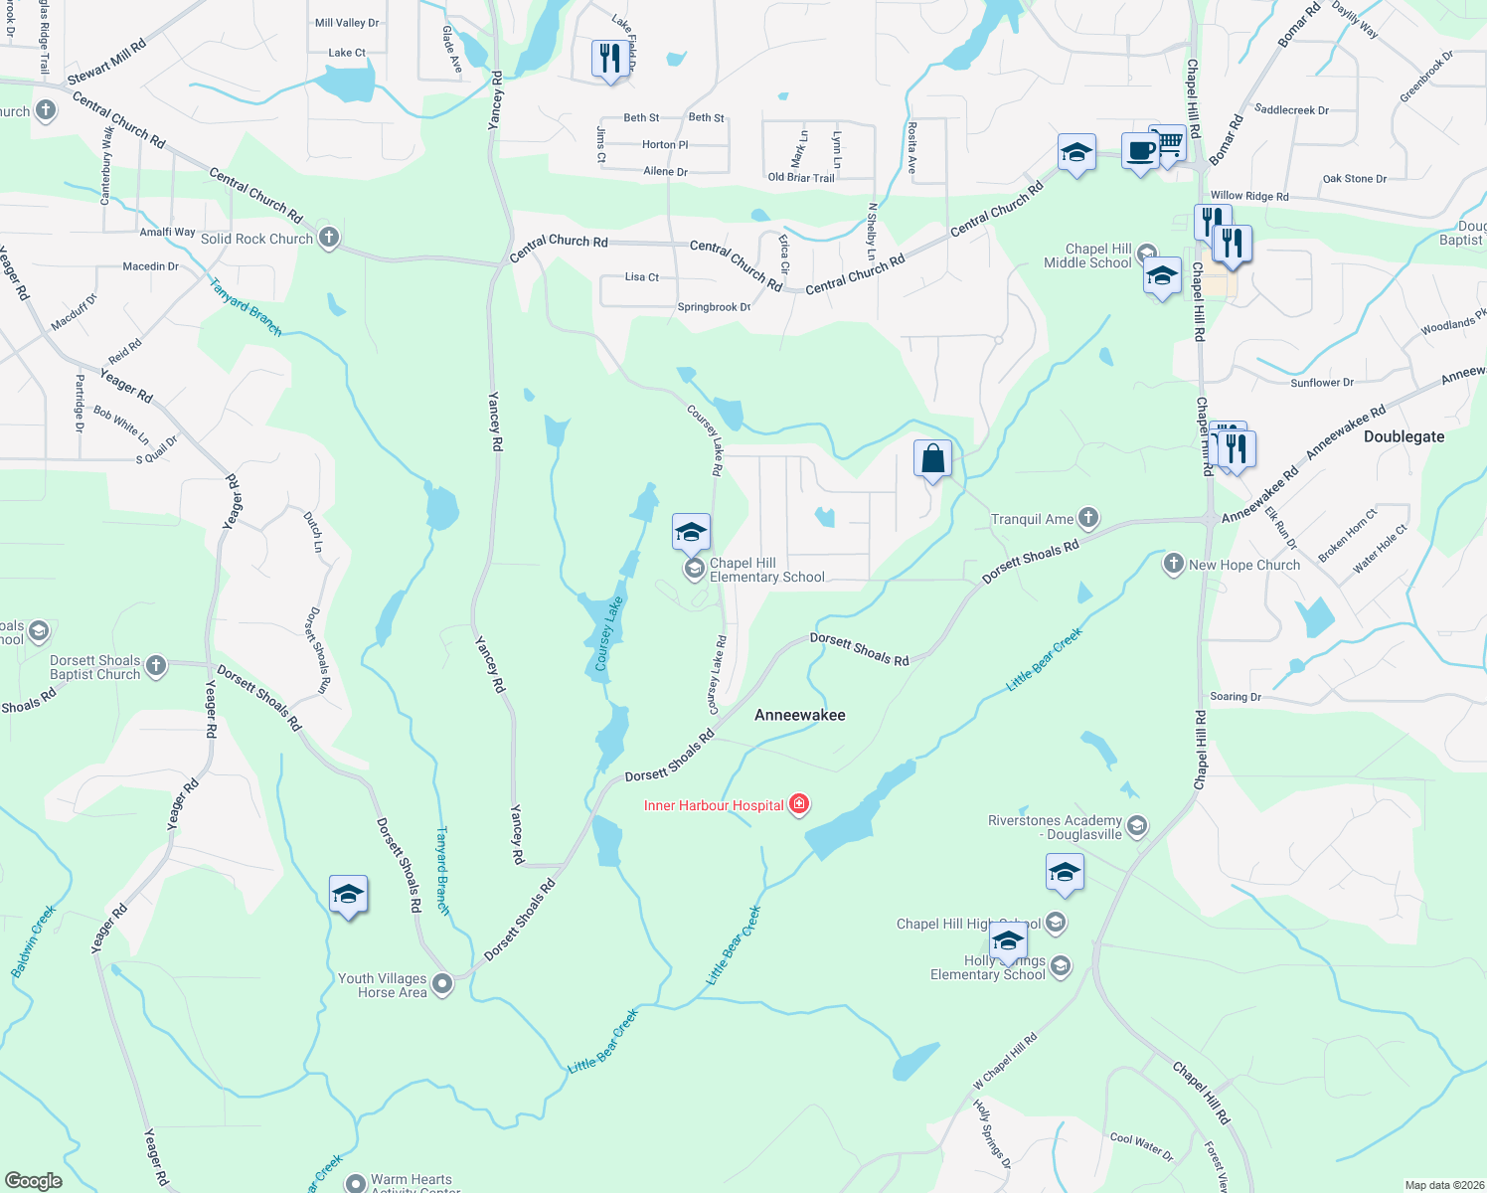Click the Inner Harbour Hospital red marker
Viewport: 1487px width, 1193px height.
798,804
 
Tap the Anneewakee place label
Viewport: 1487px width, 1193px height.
799,715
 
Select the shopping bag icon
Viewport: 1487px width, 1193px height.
932,460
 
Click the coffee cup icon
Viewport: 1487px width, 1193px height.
1140,152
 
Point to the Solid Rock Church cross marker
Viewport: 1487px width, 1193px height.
329,238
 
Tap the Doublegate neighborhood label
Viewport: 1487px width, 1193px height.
1404,436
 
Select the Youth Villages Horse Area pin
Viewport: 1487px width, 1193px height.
442,984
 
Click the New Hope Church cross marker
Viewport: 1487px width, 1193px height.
1174,564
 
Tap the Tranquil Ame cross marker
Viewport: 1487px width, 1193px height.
1088,517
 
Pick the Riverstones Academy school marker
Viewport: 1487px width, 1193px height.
1137,825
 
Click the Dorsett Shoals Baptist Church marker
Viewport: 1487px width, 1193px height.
156,666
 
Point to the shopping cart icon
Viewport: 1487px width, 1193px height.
1170,143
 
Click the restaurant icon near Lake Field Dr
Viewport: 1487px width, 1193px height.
608,59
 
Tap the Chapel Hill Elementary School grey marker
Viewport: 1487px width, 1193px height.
695,569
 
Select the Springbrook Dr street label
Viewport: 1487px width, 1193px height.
714,307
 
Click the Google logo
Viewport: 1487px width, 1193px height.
34,1180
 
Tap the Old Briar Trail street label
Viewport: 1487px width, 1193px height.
801,178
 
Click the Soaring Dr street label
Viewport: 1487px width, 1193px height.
1235,697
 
